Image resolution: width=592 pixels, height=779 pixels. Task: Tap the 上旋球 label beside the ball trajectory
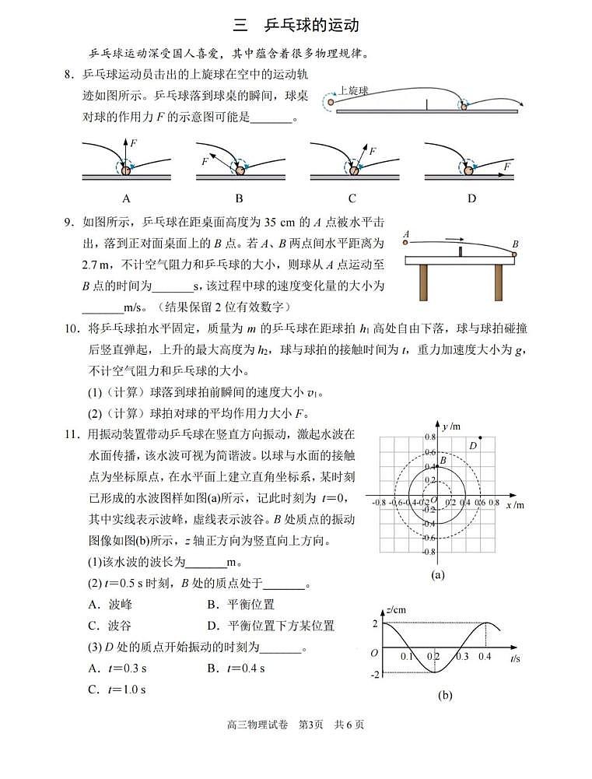pyautogui.click(x=353, y=90)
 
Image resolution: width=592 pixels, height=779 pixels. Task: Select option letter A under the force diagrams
pyautogui.click(x=125, y=198)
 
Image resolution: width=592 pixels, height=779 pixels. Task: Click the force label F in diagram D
pyautogui.click(x=506, y=166)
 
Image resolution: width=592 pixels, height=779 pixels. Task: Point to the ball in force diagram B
pyautogui.click(x=238, y=169)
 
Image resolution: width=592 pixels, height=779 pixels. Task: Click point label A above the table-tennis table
pyautogui.click(x=406, y=233)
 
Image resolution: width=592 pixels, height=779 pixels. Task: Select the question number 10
pyautogui.click(x=74, y=329)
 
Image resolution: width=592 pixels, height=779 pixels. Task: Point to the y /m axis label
pyautogui.click(x=452, y=426)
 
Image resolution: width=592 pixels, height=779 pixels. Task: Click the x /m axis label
pyautogui.click(x=515, y=505)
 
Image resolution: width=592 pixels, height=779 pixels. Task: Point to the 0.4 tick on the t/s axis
pyautogui.click(x=485, y=658)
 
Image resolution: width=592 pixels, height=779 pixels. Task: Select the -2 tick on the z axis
pyautogui.click(x=376, y=674)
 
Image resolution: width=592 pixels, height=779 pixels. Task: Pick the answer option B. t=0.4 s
pyautogui.click(x=236, y=668)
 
